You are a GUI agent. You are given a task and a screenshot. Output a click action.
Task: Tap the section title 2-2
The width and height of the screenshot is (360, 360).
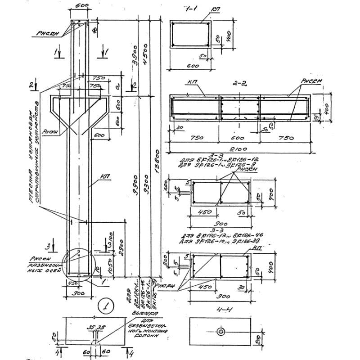239,83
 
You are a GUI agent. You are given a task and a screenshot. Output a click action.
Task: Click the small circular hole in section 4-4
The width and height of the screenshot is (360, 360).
221,331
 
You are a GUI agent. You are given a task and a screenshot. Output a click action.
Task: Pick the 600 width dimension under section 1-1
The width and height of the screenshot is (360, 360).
190,65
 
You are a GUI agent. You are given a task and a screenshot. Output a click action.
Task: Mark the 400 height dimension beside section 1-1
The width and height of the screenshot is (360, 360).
228,34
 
